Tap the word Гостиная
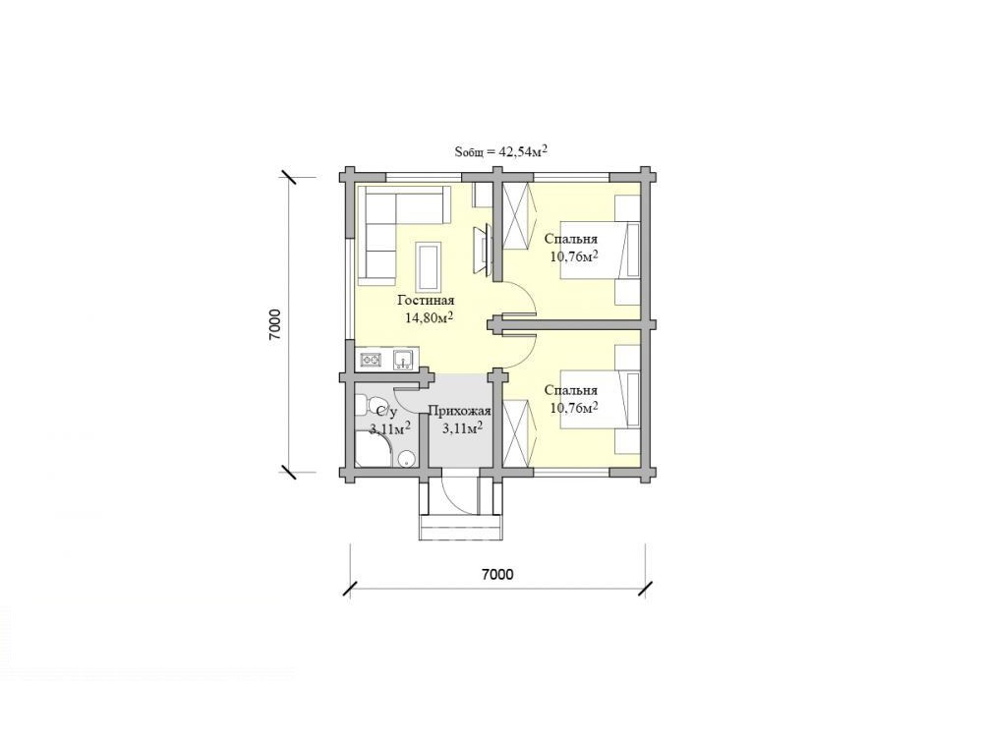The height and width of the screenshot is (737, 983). pyautogui.click(x=427, y=301)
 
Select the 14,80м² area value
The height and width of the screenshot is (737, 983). pyautogui.click(x=430, y=317)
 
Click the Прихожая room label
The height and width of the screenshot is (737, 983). pyautogui.click(x=459, y=411)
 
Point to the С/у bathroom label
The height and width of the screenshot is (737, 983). pyautogui.click(x=386, y=411)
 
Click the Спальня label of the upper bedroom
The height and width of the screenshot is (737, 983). pyautogui.click(x=570, y=239)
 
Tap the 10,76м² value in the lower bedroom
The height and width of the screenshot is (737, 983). pyautogui.click(x=573, y=408)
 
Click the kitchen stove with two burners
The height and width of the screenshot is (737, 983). pyautogui.click(x=371, y=360)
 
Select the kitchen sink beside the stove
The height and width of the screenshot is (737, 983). pyautogui.click(x=402, y=360)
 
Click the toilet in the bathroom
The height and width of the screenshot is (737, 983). pyautogui.click(x=369, y=405)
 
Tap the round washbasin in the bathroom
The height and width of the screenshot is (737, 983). pyautogui.click(x=407, y=459)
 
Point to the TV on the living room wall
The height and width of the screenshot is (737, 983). pyautogui.click(x=482, y=250)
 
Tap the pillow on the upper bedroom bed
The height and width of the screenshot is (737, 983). pyautogui.click(x=633, y=250)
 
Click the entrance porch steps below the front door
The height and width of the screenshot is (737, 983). pyautogui.click(x=461, y=527)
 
